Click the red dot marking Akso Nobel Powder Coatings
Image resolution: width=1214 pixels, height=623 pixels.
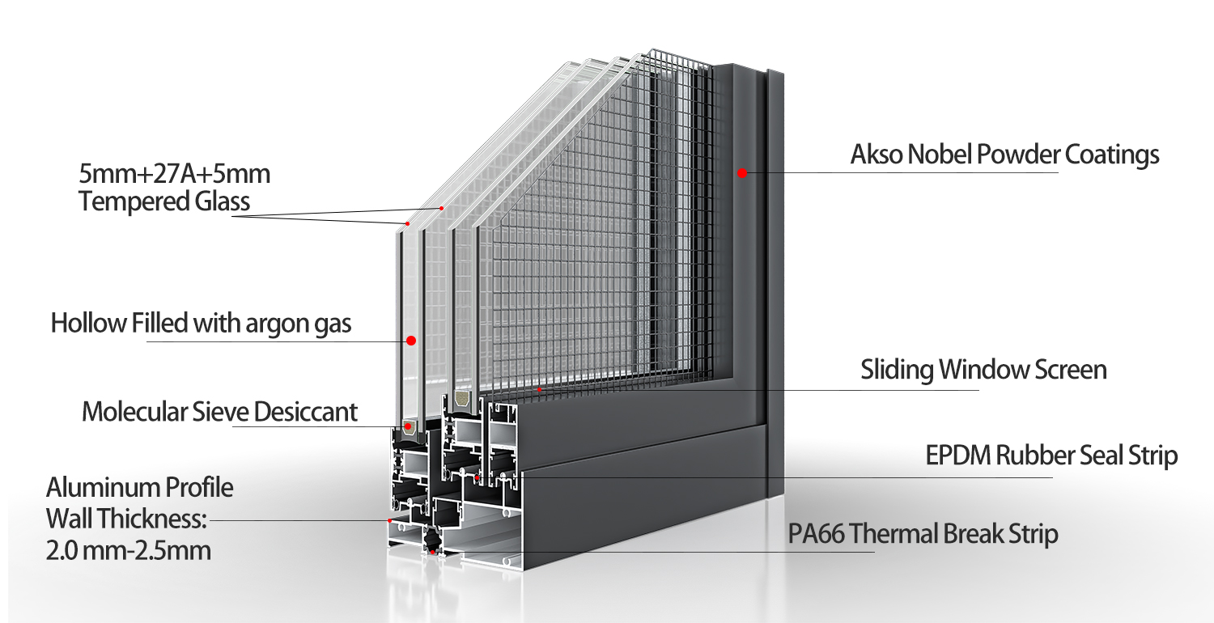tap(742, 173)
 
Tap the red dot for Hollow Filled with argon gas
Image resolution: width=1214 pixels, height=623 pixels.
tap(411, 340)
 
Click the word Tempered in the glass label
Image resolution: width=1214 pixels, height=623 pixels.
tap(134, 201)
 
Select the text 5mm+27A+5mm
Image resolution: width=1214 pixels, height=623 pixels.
tap(174, 173)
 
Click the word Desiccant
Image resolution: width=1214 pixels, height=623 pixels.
tap(305, 412)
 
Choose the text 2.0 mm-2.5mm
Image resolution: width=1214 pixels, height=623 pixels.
tap(128, 550)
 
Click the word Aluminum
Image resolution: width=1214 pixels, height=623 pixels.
tap(103, 488)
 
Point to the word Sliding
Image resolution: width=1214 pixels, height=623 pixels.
tap(897, 370)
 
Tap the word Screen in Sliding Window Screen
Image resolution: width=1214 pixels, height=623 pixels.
tap(1071, 370)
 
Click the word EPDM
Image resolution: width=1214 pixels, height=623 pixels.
tap(957, 455)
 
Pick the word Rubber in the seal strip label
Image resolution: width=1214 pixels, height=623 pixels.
tap(1034, 455)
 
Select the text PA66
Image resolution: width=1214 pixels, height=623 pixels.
tap(816, 534)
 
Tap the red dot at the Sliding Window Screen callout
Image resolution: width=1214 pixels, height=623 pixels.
tap(539, 389)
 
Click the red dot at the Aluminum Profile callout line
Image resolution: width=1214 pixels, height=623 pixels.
tap(389, 520)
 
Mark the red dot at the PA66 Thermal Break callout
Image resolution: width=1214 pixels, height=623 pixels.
tap(432, 552)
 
